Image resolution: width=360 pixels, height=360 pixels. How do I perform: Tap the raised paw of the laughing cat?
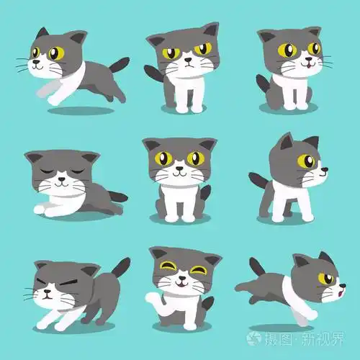[152, 298]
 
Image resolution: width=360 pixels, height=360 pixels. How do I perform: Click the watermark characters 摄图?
[277, 337]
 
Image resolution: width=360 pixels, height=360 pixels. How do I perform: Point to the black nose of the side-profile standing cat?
[325, 171]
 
